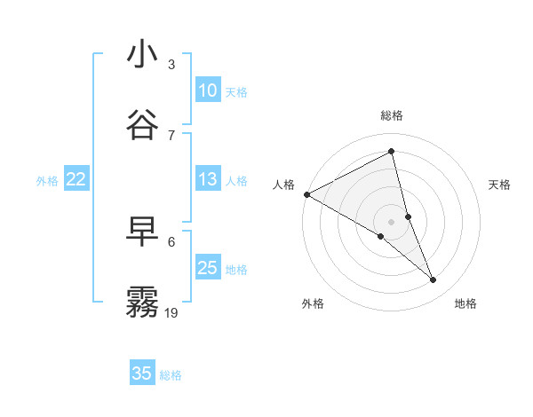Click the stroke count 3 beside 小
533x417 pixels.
(x=171, y=65)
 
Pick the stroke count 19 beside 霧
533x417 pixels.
(x=171, y=312)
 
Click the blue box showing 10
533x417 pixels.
(x=208, y=90)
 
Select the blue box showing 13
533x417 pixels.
(x=208, y=179)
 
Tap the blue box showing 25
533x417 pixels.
(x=208, y=268)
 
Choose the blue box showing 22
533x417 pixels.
(x=76, y=179)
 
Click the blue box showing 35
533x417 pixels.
(x=142, y=374)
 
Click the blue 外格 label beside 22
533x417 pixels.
(x=47, y=180)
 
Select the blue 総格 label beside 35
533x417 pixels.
(x=171, y=374)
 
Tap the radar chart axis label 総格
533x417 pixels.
(x=392, y=115)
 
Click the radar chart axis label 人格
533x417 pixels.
(x=283, y=184)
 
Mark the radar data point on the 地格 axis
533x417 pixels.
(x=434, y=280)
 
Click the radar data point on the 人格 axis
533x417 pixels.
(x=306, y=194)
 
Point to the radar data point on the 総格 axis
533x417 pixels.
(x=392, y=151)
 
